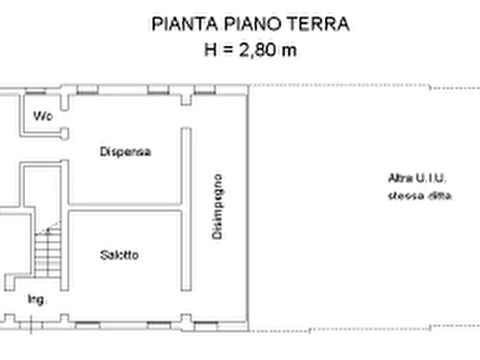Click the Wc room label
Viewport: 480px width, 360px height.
(x=42, y=116)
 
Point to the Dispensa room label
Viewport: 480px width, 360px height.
(x=125, y=152)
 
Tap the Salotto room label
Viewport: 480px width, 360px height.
(x=119, y=255)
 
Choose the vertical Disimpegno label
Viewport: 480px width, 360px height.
(x=217, y=206)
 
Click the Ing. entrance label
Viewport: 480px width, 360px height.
(x=37, y=299)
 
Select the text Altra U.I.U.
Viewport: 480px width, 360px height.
(x=418, y=178)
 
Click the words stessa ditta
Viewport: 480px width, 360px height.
(x=420, y=196)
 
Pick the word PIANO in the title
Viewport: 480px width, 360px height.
(x=249, y=24)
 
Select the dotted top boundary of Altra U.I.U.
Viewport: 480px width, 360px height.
(x=366, y=86)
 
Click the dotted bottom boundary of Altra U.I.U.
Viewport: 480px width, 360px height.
(x=366, y=329)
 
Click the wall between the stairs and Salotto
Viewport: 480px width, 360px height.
(x=65, y=250)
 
